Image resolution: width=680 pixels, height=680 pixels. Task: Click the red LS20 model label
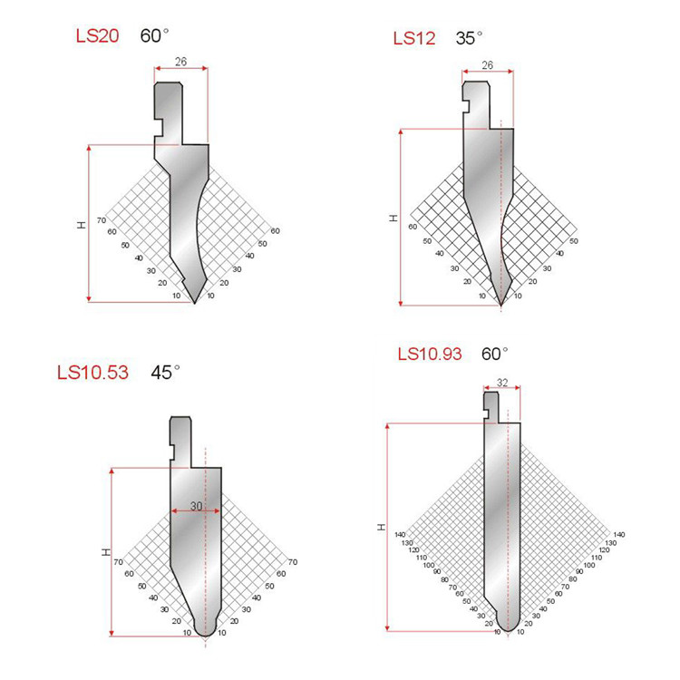[x=97, y=35]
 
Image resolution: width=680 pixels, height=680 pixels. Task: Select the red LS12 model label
[x=414, y=38]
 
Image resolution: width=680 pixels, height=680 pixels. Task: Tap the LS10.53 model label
[x=92, y=373]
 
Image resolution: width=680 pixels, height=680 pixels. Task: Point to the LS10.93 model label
[x=430, y=354]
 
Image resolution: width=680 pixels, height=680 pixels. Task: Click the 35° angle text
[x=470, y=38]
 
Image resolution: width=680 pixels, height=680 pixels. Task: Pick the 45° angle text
[x=165, y=372]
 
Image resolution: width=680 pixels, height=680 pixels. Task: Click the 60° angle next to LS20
[x=154, y=35]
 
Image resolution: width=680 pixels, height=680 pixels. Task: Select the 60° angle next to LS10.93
[x=495, y=354]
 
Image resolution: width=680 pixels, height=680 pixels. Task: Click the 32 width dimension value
[x=502, y=383]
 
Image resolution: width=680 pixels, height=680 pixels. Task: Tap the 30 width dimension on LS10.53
[x=196, y=506]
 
